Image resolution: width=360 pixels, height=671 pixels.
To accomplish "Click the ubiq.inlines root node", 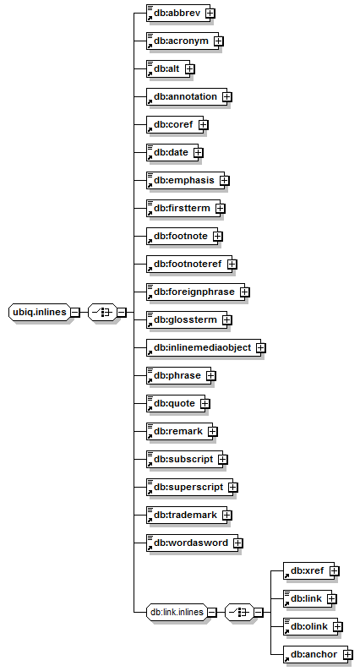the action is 40,313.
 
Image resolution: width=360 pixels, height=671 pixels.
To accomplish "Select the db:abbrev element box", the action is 178,14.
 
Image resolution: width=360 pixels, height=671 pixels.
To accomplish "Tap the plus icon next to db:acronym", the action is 219,41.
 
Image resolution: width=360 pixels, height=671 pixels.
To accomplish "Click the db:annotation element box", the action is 184,96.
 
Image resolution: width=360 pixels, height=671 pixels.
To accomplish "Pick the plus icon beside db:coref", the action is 204,124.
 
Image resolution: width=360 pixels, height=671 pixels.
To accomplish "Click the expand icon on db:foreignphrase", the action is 245,292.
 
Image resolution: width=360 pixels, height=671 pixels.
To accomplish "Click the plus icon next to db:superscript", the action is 233,487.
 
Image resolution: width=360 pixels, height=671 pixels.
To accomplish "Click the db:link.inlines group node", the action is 177,613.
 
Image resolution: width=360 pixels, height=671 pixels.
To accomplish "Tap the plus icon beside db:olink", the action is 338,626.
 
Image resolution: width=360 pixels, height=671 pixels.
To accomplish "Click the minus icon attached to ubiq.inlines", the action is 75,313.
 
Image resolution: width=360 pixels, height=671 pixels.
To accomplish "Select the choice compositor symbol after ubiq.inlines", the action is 103,313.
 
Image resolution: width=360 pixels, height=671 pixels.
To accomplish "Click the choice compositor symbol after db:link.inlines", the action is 240,613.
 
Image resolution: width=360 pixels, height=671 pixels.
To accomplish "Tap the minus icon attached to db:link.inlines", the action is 212,613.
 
